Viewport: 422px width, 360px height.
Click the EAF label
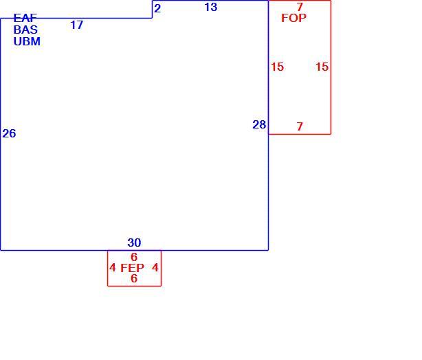[x=25, y=18]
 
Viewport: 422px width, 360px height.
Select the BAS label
[x=25, y=30]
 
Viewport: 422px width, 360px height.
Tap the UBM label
[x=27, y=41]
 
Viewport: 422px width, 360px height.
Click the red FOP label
[x=293, y=18]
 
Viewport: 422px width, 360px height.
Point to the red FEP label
[x=132, y=268]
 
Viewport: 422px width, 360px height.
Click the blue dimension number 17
[x=77, y=25]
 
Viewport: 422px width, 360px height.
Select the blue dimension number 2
[x=157, y=9]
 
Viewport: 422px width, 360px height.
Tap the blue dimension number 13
[x=211, y=8]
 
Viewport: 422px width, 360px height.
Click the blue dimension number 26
[x=9, y=133]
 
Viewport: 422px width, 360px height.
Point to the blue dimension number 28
[x=259, y=124]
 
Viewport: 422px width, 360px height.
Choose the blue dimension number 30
[x=134, y=243]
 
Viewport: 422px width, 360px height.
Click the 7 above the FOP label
[x=300, y=7]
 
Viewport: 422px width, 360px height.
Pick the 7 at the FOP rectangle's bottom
[x=300, y=126]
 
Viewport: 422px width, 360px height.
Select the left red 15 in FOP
[x=277, y=67]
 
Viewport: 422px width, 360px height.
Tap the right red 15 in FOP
[x=322, y=67]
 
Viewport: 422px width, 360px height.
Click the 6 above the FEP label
[x=134, y=257]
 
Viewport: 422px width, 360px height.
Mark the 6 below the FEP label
[x=134, y=278]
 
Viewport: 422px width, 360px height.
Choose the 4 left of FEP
[x=113, y=268]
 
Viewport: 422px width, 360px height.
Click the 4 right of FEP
[x=155, y=268]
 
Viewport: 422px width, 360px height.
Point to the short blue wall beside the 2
[x=153, y=10]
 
